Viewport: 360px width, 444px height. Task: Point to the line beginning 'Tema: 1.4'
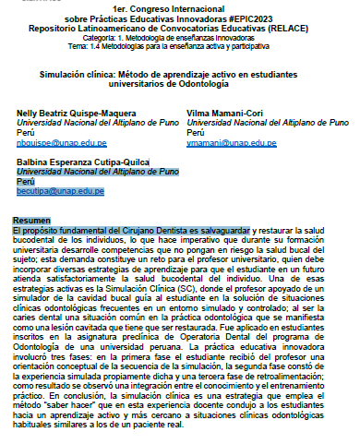(x=180, y=43)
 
